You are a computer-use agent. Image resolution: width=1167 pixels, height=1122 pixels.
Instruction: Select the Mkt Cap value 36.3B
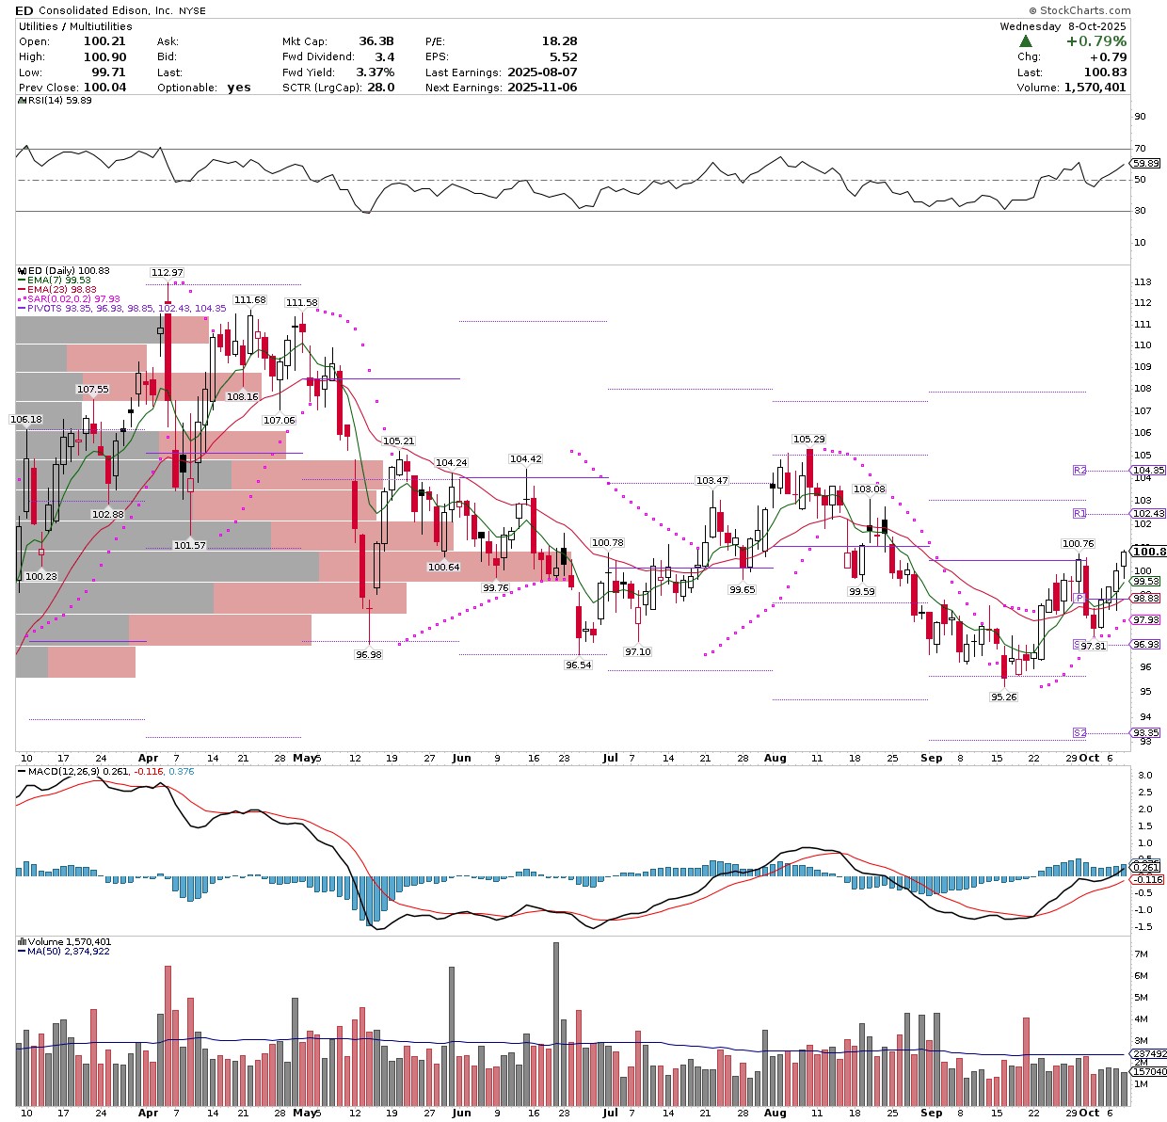(x=376, y=41)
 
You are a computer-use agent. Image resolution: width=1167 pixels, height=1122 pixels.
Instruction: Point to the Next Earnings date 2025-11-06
(x=542, y=88)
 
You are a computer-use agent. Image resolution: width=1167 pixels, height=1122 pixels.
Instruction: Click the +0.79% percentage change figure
(x=1096, y=41)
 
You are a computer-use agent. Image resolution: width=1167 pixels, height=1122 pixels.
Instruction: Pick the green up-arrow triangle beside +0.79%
(x=1026, y=41)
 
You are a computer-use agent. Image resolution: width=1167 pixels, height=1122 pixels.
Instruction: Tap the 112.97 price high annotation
(x=168, y=273)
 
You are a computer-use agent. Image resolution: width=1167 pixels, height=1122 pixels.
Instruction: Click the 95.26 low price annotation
(x=1004, y=697)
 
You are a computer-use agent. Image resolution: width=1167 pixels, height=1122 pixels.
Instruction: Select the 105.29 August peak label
(x=808, y=440)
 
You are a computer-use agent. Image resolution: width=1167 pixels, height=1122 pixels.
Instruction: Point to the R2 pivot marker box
(x=1079, y=470)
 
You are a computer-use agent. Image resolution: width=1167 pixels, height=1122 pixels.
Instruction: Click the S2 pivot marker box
(x=1079, y=732)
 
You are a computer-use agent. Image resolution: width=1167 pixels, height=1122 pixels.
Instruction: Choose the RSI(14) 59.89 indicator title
(x=56, y=101)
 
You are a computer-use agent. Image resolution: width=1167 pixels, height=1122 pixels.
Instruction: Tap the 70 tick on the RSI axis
(x=1140, y=148)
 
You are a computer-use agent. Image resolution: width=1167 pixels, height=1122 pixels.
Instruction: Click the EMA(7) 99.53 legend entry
(x=58, y=280)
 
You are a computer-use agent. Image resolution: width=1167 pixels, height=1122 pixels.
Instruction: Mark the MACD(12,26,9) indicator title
(x=61, y=772)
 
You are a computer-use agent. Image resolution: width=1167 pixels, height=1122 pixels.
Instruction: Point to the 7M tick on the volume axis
(x=1141, y=954)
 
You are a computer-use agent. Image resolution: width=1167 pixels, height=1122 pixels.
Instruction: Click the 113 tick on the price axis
(x=1143, y=282)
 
